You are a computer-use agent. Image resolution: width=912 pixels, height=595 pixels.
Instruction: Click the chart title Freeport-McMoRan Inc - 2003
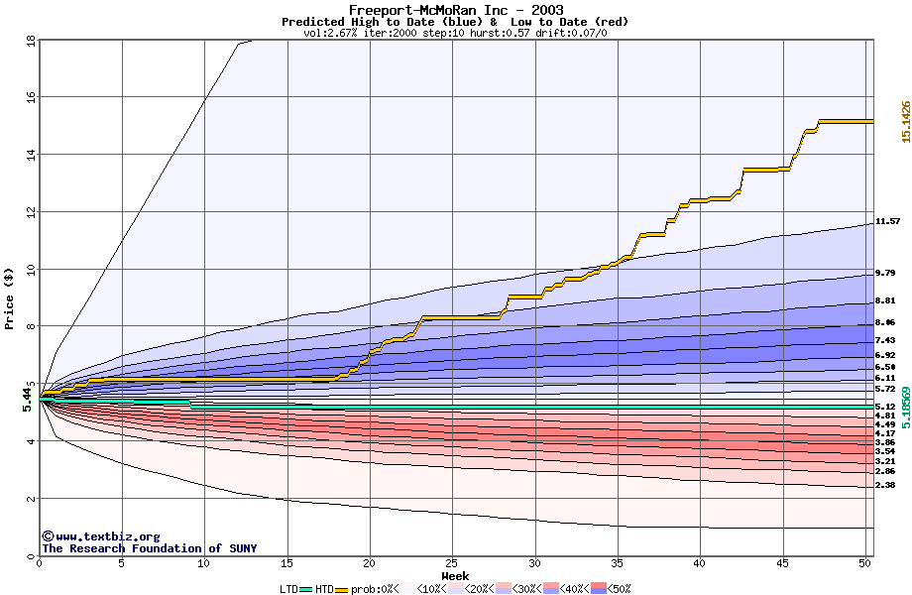coord(456,10)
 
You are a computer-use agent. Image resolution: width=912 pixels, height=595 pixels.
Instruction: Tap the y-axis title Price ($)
coord(9,298)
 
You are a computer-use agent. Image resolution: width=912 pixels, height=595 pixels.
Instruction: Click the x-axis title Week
coord(455,575)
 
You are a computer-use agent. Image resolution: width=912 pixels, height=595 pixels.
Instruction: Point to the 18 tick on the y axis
coord(30,41)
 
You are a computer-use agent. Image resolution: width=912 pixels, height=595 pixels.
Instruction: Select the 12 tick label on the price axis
coord(30,212)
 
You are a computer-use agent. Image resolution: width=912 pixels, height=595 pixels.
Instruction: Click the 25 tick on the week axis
coord(452,562)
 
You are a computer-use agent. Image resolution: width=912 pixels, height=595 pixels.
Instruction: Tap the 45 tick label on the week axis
coord(782,562)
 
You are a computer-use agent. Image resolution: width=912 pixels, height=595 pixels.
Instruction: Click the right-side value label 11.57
coord(887,221)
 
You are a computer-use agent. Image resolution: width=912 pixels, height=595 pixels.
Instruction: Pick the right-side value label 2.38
coord(885,486)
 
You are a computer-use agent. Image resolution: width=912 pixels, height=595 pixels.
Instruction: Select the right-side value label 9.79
coord(885,273)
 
